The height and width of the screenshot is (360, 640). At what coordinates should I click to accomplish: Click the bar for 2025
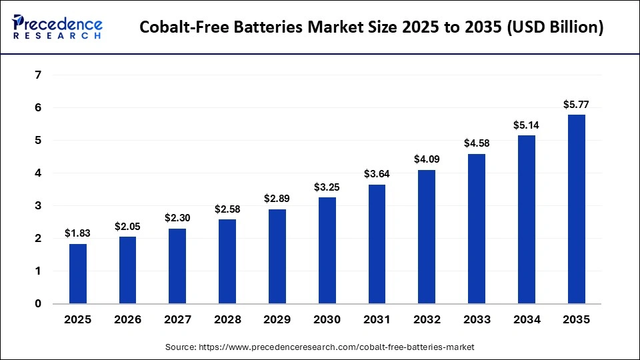point(77,273)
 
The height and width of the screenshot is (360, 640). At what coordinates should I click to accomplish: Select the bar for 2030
point(327,250)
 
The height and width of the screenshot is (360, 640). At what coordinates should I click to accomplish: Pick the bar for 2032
point(427,237)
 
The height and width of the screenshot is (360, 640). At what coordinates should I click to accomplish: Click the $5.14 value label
point(526,125)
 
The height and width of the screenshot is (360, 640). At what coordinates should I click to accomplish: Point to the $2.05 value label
point(127,227)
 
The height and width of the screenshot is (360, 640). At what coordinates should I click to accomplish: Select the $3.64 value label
point(377,174)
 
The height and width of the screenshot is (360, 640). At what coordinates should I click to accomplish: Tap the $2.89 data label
point(277,199)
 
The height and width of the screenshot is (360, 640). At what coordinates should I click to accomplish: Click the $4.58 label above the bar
point(476,143)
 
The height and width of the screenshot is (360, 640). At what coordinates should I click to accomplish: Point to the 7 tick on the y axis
point(38,75)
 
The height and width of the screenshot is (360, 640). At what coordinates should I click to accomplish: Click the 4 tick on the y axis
point(38,173)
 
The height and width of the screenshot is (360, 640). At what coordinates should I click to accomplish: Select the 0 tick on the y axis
point(38,304)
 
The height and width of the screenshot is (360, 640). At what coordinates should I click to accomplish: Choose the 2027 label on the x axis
point(177,320)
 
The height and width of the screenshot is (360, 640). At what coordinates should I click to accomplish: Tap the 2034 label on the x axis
point(526,320)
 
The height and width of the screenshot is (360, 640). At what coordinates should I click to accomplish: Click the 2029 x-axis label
point(277,320)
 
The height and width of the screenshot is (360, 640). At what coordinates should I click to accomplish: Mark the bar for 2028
point(227,261)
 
